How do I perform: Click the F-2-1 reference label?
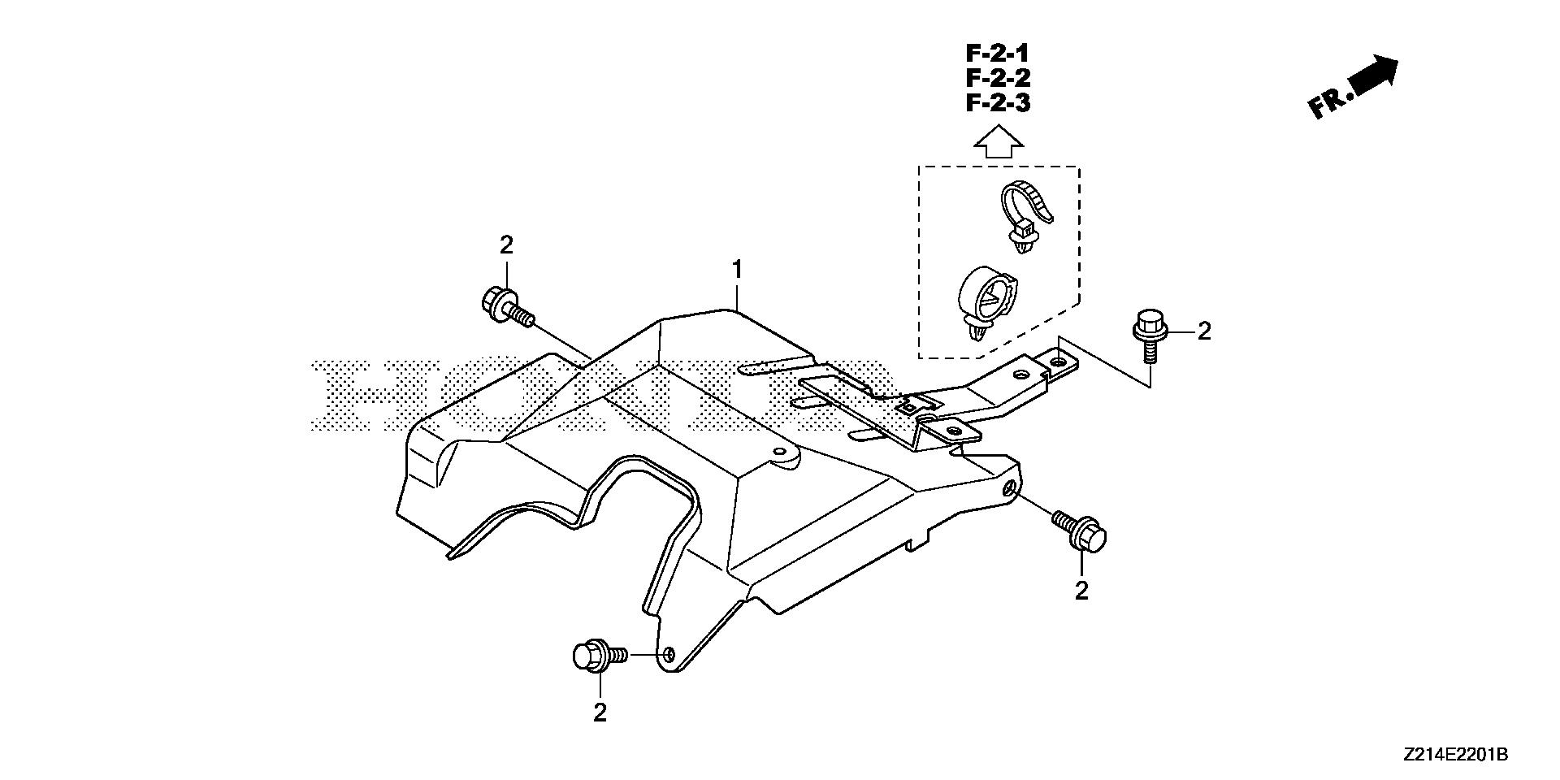998,54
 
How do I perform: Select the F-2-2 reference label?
998,79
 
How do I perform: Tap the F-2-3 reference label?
998,104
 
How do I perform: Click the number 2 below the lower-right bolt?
1081,591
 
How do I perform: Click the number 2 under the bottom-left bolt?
600,713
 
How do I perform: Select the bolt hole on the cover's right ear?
1008,488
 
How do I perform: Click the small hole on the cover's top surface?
780,452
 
